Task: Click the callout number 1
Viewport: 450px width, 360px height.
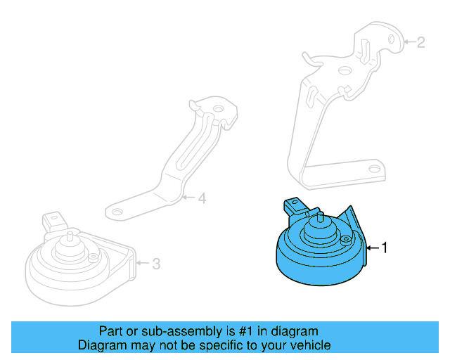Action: coord(385,247)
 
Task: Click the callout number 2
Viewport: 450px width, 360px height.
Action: coord(420,43)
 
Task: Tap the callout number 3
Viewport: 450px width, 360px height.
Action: coord(156,264)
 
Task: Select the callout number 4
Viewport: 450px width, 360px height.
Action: coord(202,199)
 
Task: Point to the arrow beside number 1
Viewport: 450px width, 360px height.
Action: coord(373,247)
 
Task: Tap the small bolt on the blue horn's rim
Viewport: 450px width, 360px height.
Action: coord(345,240)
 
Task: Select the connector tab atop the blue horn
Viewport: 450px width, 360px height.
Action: coord(292,205)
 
